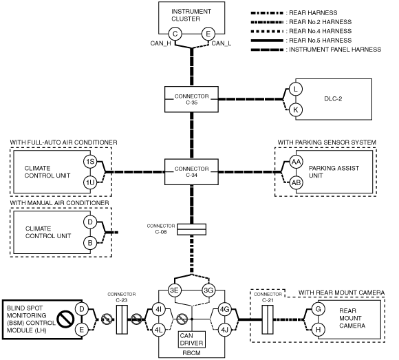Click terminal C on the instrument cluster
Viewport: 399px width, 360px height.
point(175,34)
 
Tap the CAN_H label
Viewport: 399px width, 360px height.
point(160,43)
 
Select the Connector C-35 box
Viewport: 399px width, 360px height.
point(191,99)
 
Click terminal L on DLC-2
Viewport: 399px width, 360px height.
point(295,89)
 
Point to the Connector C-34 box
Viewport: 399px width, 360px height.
point(191,172)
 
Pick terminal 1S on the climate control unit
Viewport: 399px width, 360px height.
point(90,162)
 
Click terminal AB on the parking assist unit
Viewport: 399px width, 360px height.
point(296,182)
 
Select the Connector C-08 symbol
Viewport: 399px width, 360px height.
point(192,229)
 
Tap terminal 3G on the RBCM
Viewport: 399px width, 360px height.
point(208,290)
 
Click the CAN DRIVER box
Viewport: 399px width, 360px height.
point(192,339)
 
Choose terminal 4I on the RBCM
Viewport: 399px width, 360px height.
point(158,309)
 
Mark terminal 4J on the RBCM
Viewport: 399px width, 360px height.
point(225,330)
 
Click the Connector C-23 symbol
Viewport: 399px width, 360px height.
point(122,319)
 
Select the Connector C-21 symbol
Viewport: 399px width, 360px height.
point(268,319)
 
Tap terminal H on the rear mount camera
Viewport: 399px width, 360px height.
point(318,330)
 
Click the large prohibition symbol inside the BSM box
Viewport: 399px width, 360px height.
point(65,319)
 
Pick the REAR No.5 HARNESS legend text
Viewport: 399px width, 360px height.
point(321,40)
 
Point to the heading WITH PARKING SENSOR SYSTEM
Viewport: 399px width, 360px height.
point(327,142)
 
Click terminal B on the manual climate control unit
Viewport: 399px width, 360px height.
point(90,243)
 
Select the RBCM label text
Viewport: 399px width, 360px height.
point(192,353)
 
